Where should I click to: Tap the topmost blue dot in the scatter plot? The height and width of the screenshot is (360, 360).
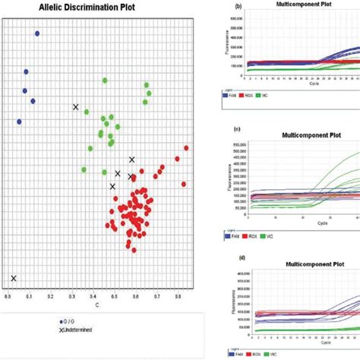pos(37,33)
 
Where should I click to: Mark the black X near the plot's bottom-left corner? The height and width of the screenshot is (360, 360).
pos(14,278)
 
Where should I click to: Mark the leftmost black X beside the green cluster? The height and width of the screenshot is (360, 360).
pos(75,107)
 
